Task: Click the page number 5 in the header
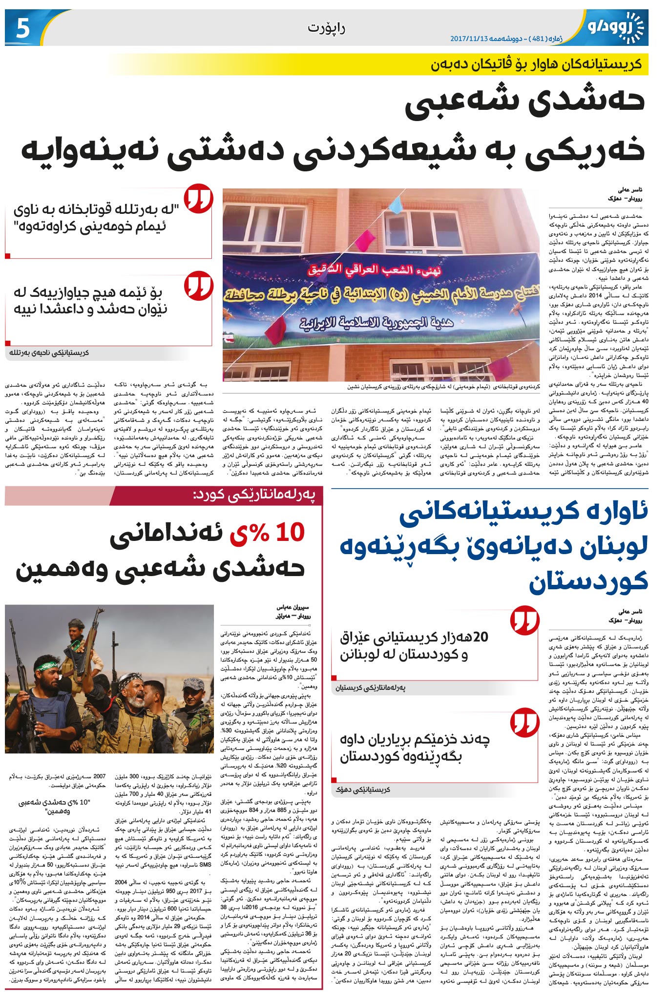point(22,29)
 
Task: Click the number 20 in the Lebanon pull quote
point(481,637)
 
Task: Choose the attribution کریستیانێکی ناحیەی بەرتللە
point(49,352)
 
